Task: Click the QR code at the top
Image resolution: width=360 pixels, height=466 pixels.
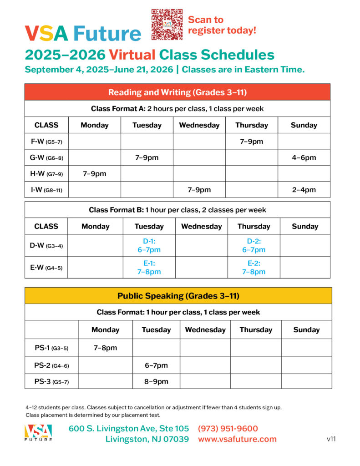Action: click(x=167, y=25)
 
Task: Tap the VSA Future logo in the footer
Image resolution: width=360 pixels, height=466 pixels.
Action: click(x=38, y=433)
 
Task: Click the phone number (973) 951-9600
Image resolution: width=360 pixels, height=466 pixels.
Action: click(x=228, y=429)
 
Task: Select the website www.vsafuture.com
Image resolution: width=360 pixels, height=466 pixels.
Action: click(x=237, y=439)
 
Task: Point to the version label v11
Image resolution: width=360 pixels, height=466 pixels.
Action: click(x=331, y=439)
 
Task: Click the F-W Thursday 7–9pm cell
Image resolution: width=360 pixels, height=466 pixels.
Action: click(x=251, y=142)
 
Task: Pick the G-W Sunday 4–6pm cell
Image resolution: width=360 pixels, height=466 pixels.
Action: click(x=304, y=158)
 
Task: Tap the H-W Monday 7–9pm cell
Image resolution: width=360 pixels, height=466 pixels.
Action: click(x=95, y=174)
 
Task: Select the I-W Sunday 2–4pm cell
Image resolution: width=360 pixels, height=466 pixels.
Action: click(x=304, y=190)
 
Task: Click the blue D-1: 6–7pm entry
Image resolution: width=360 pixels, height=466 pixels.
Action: click(x=149, y=245)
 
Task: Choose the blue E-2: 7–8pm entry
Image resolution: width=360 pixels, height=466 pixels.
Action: click(x=254, y=267)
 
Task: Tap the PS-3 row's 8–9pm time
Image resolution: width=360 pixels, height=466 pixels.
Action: click(x=156, y=381)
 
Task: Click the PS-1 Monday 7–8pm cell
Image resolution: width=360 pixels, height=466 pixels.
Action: click(x=105, y=348)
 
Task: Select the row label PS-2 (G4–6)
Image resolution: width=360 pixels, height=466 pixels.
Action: click(x=51, y=365)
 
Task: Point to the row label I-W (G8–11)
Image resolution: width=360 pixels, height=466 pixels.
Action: click(x=46, y=190)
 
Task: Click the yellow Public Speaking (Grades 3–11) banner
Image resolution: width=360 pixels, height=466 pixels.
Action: click(x=178, y=296)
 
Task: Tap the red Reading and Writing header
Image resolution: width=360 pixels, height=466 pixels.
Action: click(x=177, y=92)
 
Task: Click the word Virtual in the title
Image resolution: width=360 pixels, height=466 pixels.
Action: click(x=132, y=55)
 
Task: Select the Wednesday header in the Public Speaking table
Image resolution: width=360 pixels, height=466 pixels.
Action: click(x=205, y=329)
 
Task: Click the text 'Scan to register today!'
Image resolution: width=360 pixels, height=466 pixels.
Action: click(x=222, y=25)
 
